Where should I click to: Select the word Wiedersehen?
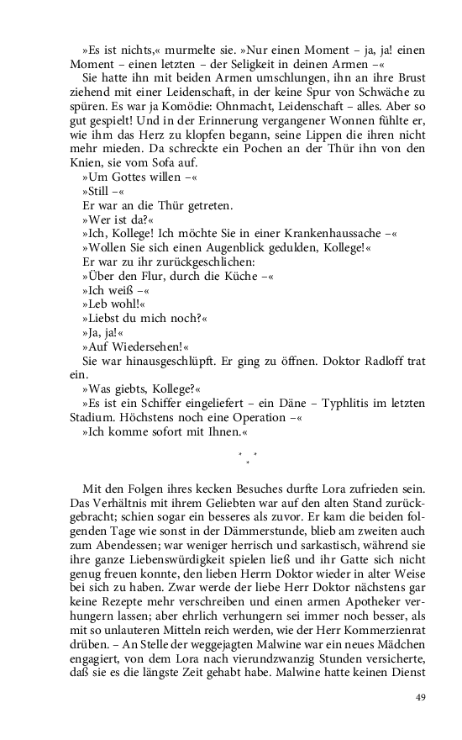(x=148, y=351)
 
